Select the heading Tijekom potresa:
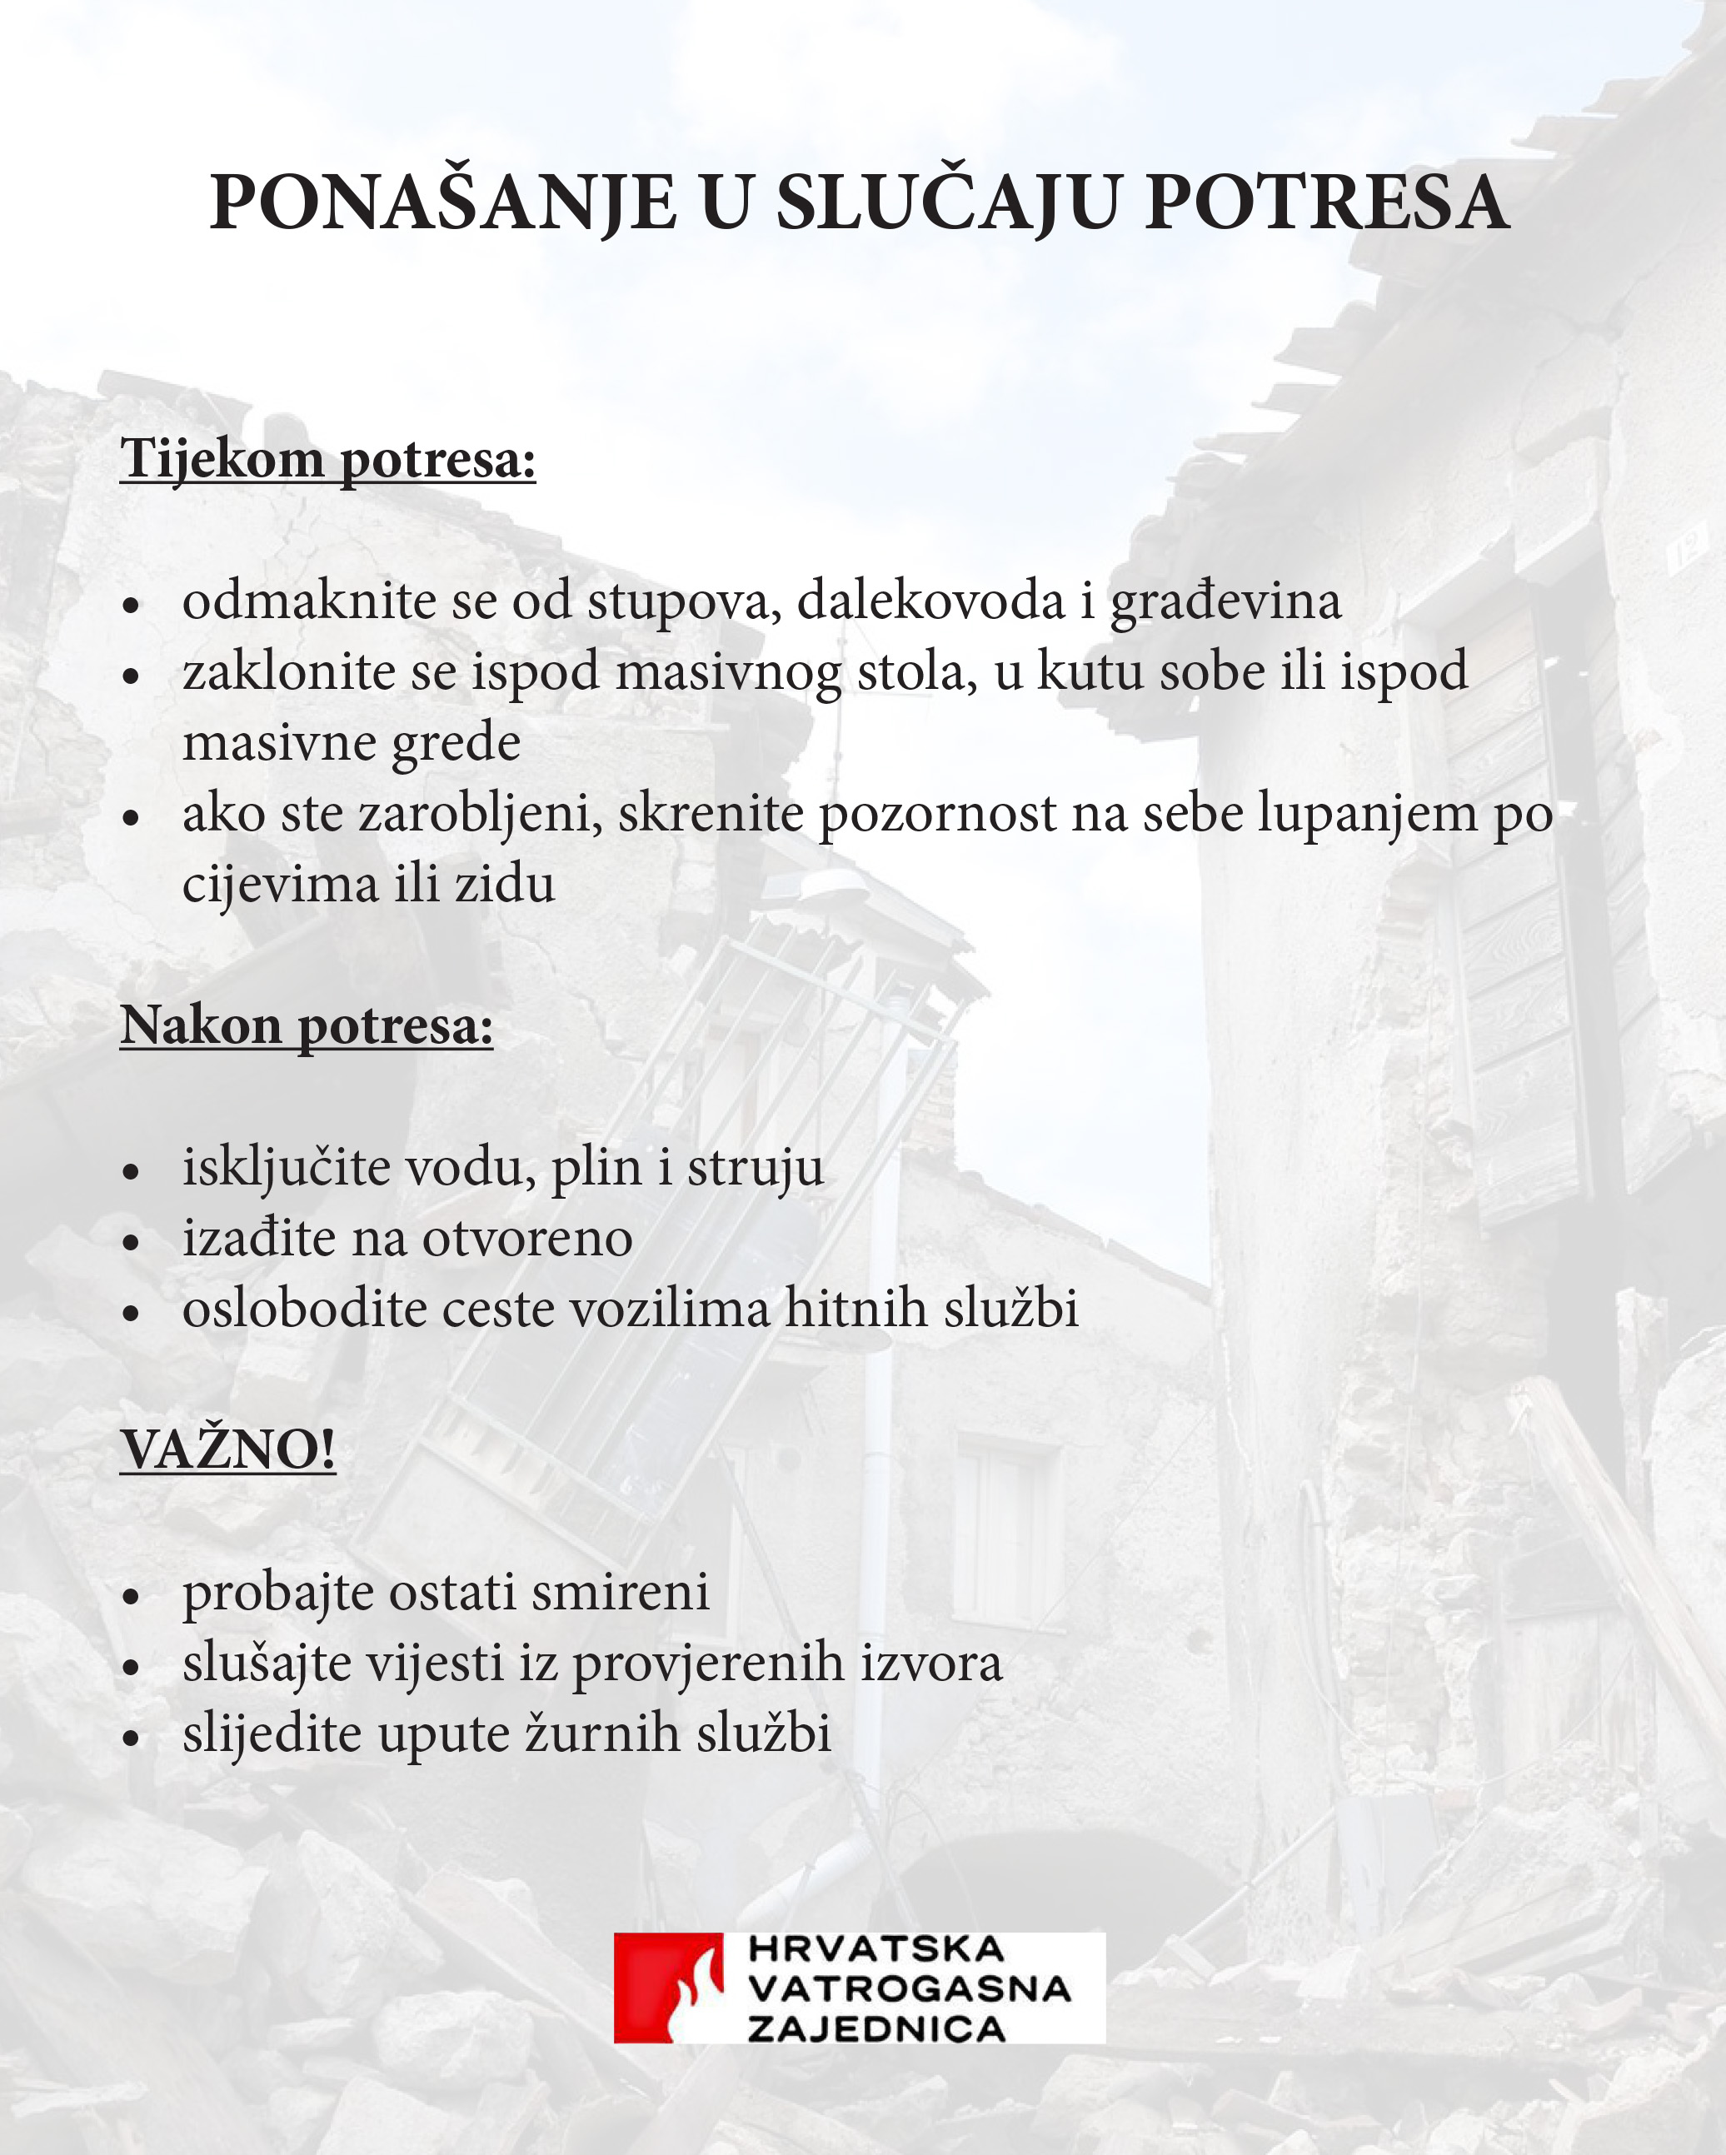[328, 460]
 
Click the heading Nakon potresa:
[307, 1025]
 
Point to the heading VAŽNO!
[228, 1450]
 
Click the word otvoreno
[526, 1239]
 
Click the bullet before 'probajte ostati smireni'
[131, 1596]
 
